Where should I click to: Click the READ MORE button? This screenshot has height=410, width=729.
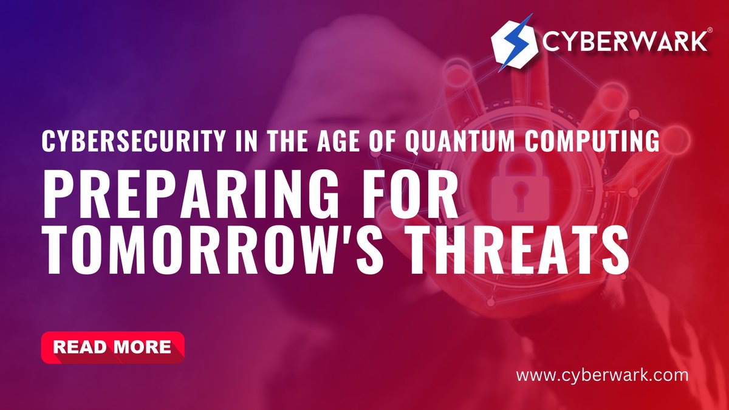coord(112,347)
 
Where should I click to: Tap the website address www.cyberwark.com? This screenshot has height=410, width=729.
coord(602,375)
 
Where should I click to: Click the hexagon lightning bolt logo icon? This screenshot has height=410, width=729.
coord(513,43)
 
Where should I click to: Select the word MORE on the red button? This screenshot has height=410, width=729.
coord(142,347)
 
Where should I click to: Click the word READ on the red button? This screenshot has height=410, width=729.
coord(80,347)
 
